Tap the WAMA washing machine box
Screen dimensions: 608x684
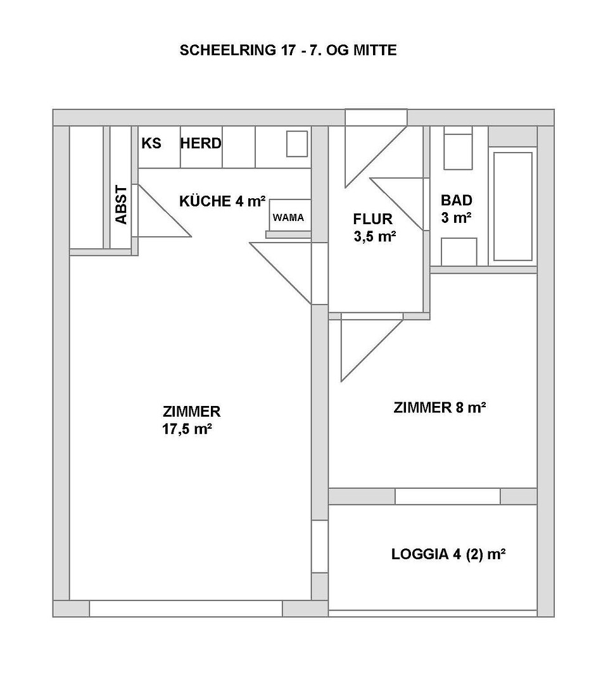click(290, 215)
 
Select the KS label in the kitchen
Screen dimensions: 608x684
click(151, 143)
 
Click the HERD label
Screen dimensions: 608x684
click(201, 143)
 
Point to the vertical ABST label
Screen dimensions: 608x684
click(121, 205)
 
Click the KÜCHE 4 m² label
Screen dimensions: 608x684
click(222, 201)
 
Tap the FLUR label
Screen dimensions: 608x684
click(373, 218)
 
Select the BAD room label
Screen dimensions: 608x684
click(457, 200)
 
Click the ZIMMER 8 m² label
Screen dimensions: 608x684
click(440, 407)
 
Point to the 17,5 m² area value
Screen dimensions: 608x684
click(187, 429)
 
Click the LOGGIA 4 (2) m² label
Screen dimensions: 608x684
click(448, 554)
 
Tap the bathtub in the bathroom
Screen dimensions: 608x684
click(513, 206)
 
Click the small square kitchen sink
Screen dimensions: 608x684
click(297, 144)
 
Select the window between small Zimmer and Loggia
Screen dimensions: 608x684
click(448, 497)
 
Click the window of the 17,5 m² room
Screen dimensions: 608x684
click(186, 609)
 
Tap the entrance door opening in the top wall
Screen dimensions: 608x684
click(376, 118)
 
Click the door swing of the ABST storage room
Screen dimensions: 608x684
click(161, 211)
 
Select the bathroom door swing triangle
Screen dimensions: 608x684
click(397, 204)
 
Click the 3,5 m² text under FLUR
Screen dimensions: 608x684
click(375, 236)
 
